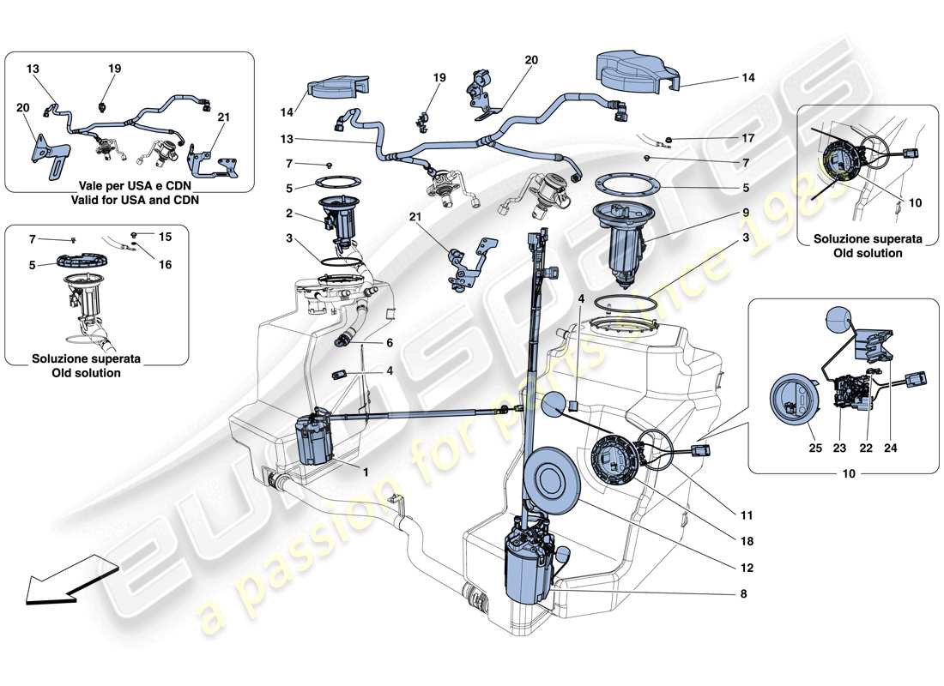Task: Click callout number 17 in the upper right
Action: pos(747,137)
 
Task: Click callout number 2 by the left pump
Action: pos(289,214)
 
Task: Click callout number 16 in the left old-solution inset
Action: pos(165,265)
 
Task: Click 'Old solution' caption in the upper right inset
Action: pos(869,253)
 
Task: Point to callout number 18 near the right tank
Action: pos(747,542)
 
